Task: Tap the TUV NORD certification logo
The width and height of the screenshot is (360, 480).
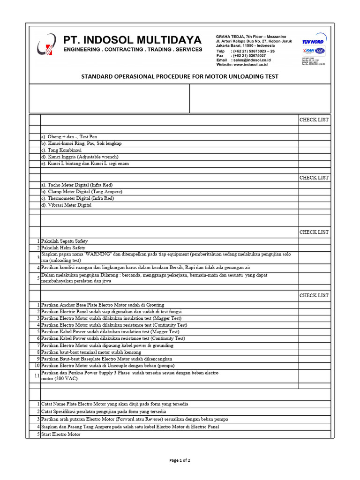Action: [x=313, y=41]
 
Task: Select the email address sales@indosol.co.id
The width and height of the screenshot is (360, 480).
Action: [x=250, y=60]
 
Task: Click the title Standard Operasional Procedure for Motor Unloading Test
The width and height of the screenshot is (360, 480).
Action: [x=180, y=76]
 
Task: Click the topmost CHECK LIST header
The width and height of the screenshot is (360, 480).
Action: [x=314, y=120]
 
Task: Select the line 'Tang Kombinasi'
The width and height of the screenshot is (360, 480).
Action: [x=61, y=150]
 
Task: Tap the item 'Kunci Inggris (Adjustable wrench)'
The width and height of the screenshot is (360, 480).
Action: [x=80, y=157]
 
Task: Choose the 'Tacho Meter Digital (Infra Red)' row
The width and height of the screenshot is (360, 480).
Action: [x=77, y=185]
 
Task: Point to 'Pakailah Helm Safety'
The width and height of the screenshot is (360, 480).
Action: [x=63, y=247]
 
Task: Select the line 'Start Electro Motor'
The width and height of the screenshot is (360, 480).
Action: [x=61, y=434]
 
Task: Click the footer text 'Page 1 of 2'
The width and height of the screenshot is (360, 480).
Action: [x=180, y=460]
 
